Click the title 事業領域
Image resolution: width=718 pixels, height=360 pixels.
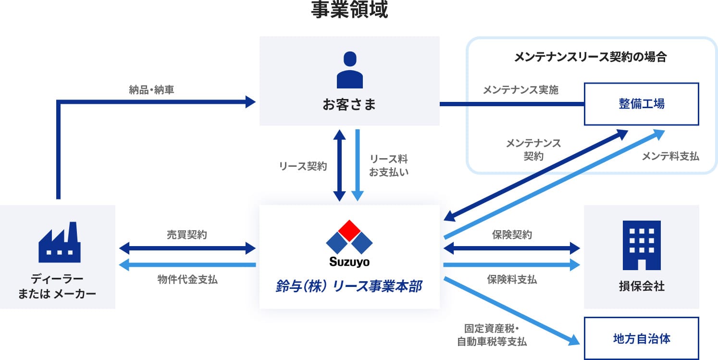click(x=349, y=10)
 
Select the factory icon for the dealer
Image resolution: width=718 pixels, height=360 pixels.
click(x=59, y=242)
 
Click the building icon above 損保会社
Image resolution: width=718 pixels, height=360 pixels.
click(x=642, y=245)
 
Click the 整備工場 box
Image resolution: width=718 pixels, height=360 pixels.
click(x=642, y=104)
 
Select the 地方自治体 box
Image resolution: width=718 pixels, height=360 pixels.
click(x=642, y=338)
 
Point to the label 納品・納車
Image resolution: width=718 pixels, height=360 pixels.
click(x=151, y=90)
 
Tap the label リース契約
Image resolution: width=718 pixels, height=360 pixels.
click(x=303, y=166)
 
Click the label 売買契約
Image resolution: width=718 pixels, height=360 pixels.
click(x=187, y=235)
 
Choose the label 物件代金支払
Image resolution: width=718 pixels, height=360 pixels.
click(x=187, y=279)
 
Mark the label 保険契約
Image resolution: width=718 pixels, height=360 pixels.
click(x=512, y=235)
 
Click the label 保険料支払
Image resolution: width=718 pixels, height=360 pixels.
click(x=512, y=279)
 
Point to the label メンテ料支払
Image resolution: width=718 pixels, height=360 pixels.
click(x=670, y=156)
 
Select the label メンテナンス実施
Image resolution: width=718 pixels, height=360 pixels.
click(x=520, y=90)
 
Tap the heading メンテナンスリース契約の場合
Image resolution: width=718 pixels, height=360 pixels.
click(x=591, y=57)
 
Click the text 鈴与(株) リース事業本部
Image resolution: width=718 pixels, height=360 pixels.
click(x=349, y=286)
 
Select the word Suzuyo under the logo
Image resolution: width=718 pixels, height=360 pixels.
click(x=349, y=262)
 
